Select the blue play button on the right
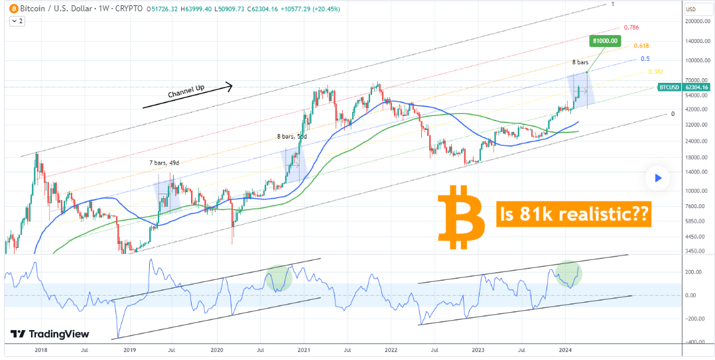tap(657, 178)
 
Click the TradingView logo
tap(50, 334)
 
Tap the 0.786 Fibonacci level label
tap(631, 29)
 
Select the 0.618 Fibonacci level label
tap(641, 46)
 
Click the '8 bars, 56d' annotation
tap(292, 136)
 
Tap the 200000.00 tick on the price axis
tap(694, 22)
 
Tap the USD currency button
tap(690, 9)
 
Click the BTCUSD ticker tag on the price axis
tap(667, 87)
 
